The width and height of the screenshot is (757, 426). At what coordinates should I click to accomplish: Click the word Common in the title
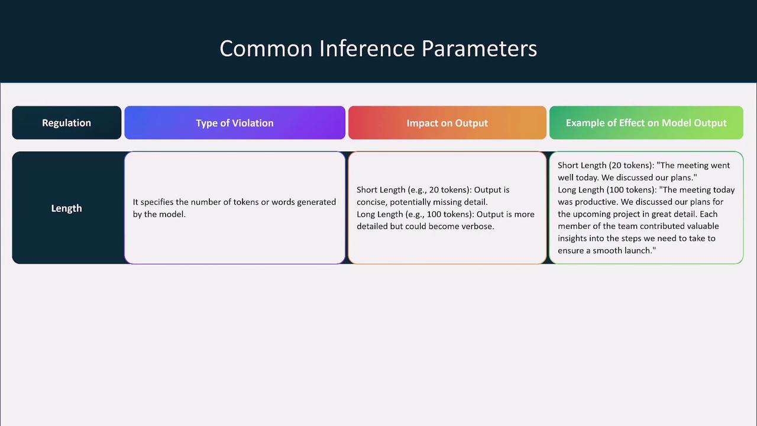[266, 49]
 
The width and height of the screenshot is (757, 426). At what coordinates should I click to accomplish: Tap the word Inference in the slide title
[367, 49]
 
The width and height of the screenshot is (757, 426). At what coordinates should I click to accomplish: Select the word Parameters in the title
[479, 49]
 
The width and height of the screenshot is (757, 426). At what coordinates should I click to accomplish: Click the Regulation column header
[67, 122]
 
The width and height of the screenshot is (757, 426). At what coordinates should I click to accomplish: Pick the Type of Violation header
[235, 122]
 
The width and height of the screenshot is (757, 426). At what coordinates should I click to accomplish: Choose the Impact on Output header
[447, 122]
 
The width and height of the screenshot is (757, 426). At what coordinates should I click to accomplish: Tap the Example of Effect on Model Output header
[646, 122]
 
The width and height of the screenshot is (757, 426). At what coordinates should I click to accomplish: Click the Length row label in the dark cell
[67, 208]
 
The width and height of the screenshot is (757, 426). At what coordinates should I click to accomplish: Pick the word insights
[572, 238]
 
